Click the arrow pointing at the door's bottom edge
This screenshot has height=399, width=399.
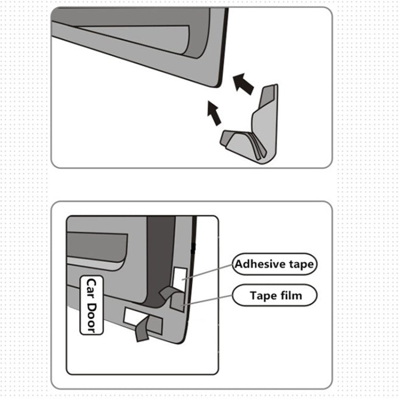click(x=214, y=113)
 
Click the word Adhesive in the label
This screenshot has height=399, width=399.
click(x=260, y=264)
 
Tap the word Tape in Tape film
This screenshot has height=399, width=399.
click(x=264, y=295)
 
